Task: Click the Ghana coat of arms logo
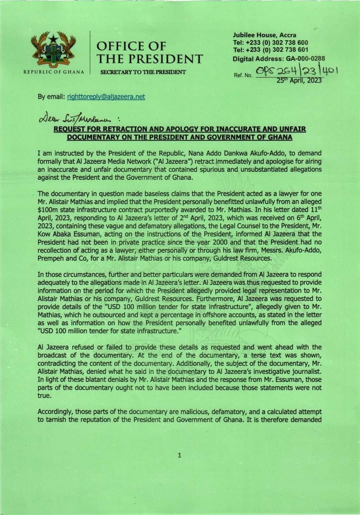(53, 49)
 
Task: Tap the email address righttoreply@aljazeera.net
(106, 97)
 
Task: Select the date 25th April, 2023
(300, 80)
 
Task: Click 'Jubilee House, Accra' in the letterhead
(264, 35)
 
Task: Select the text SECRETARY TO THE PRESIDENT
(141, 72)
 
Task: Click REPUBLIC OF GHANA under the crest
(53, 72)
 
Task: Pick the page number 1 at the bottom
(180, 455)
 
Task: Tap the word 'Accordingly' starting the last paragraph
(53, 411)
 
